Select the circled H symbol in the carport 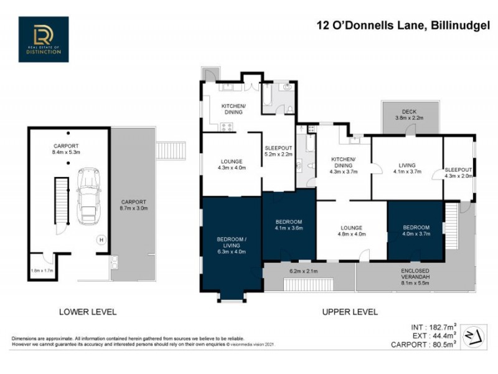[100, 239]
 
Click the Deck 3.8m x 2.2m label [409, 115]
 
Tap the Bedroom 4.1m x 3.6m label [289, 225]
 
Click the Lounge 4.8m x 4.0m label [351, 231]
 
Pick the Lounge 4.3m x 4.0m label [231, 163]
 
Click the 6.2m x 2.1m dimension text [304, 272]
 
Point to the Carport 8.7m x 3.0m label [133, 206]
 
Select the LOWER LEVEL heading [88, 311]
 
